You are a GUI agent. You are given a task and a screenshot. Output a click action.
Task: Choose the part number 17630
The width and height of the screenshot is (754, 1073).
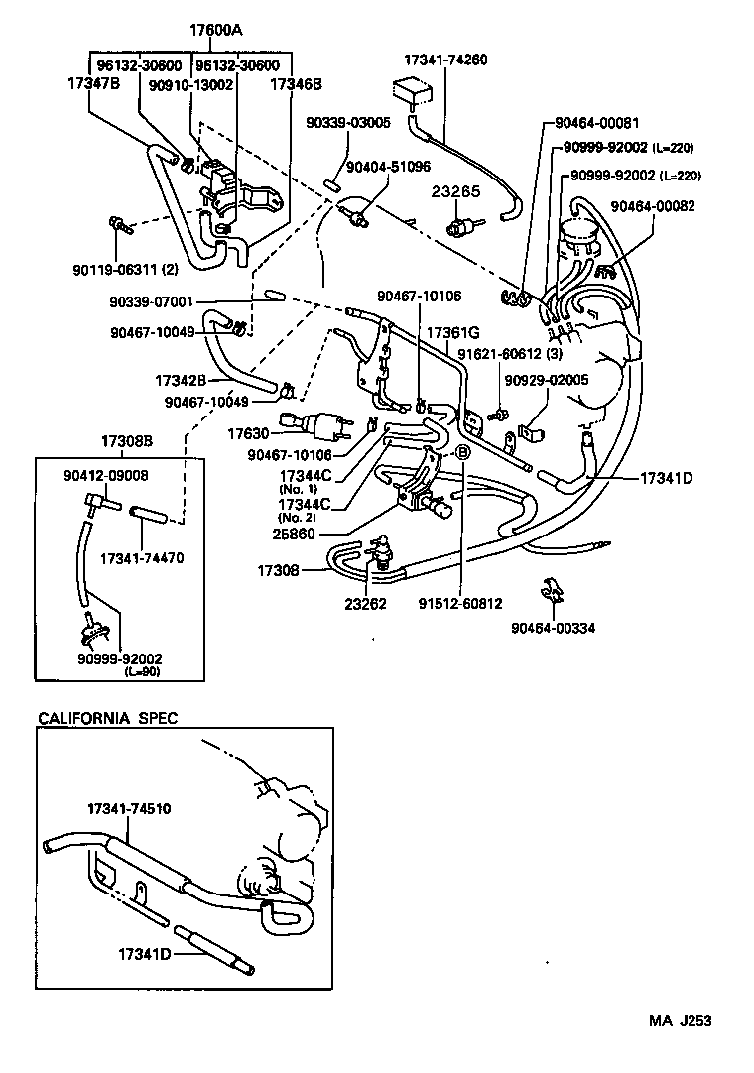pyautogui.click(x=248, y=432)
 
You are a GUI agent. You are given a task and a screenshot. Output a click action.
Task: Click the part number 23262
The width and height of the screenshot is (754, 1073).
pyautogui.click(x=366, y=602)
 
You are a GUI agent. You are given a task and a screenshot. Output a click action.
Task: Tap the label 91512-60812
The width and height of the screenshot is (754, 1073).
pyautogui.click(x=460, y=602)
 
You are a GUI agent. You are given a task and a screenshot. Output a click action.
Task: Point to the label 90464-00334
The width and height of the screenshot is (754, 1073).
pyautogui.click(x=554, y=627)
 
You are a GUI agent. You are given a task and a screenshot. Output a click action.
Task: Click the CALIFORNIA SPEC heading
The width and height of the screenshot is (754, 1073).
pyautogui.click(x=107, y=718)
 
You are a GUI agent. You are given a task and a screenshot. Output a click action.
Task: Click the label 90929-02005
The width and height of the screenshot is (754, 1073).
pyautogui.click(x=546, y=380)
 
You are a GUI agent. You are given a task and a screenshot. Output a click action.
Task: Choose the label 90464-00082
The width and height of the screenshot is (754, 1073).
pyautogui.click(x=653, y=206)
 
